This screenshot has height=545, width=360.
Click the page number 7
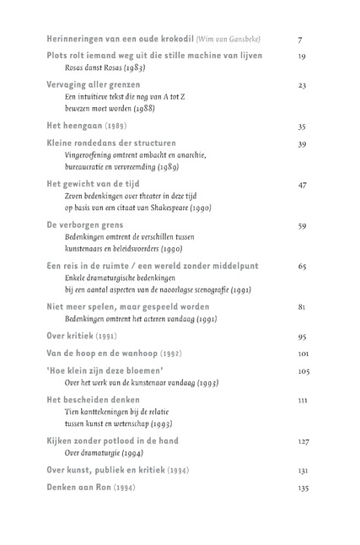point(300,40)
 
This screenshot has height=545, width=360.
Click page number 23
point(301,85)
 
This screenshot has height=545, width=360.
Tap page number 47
point(301,184)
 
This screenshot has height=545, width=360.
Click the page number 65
point(301,266)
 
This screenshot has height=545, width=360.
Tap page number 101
point(304,353)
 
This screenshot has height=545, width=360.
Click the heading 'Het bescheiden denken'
point(93,399)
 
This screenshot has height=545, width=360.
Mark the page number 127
point(304,440)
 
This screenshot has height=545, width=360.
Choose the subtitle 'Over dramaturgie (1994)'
point(107,452)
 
